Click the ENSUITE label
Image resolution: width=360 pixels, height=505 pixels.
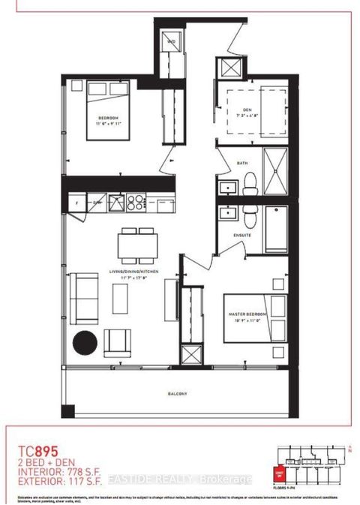coord(241,235)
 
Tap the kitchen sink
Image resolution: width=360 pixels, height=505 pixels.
coord(116,202)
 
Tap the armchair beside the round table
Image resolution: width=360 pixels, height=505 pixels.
coord(117,341)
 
